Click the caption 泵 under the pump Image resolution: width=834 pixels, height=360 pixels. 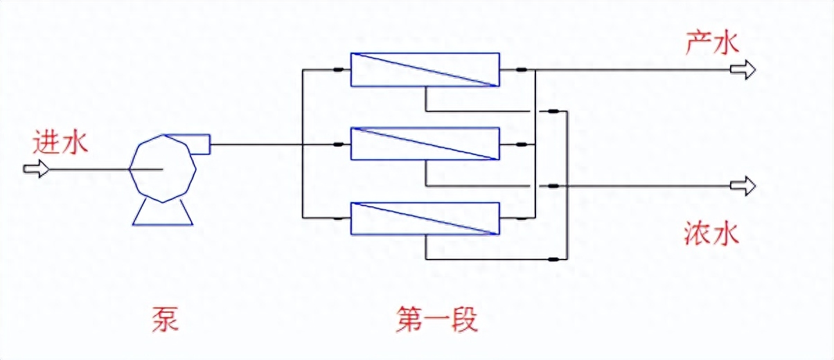(165, 320)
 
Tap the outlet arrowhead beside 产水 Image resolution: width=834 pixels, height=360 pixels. (745, 70)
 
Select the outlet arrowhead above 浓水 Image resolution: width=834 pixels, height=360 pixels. (745, 186)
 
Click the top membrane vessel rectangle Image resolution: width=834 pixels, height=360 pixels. (425, 70)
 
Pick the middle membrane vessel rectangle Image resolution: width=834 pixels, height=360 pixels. (425, 144)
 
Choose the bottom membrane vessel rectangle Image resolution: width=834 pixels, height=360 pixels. (425, 219)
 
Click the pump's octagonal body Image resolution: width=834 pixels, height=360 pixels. (163, 169)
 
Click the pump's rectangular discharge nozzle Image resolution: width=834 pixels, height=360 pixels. (199, 144)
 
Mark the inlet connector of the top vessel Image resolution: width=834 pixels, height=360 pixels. (339, 70)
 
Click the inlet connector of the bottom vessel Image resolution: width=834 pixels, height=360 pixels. (339, 219)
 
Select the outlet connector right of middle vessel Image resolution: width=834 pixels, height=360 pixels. (521, 145)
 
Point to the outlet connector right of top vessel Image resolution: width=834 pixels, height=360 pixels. (521, 70)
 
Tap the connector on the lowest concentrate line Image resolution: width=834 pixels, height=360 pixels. (553, 260)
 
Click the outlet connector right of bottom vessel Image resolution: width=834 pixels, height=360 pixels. (521, 219)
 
